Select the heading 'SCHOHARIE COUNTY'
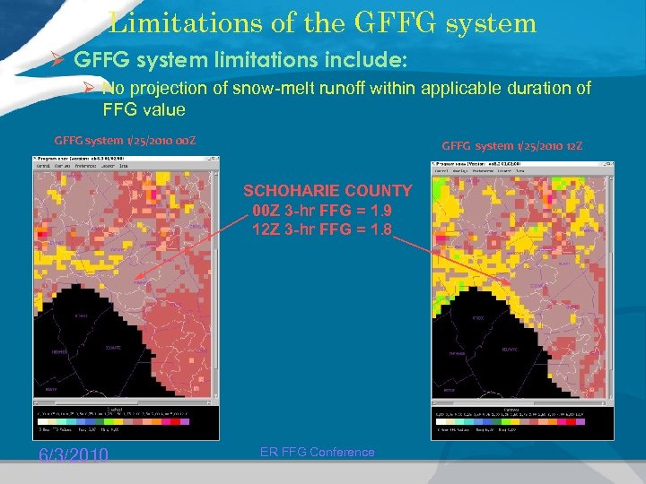[327, 191]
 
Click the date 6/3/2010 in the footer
[73, 455]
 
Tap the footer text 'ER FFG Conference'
[317, 452]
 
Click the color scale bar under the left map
[112, 419]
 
